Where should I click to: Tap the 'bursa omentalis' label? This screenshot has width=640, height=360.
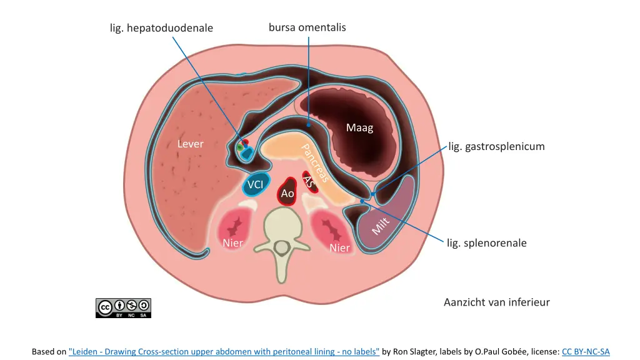point(307,27)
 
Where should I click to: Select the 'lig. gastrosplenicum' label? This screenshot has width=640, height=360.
point(496,147)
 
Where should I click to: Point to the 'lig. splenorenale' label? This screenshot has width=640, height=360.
point(486,243)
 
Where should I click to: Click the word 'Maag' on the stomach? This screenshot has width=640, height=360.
point(359,128)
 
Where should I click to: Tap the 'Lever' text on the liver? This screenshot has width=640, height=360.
point(190,144)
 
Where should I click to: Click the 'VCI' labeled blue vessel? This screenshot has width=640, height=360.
point(255,184)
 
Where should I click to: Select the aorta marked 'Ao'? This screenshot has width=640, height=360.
point(287,194)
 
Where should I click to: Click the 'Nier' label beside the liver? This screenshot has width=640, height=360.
point(233,242)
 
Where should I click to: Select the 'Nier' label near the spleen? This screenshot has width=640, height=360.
point(340,248)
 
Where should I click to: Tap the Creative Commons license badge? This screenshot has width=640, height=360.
point(123,307)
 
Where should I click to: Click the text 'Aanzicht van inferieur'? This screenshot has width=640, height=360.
point(496,302)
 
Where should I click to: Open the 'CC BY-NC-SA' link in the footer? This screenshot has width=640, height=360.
point(586,352)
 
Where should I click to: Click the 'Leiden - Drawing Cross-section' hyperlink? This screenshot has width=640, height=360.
point(224,352)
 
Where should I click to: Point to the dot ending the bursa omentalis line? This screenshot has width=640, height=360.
point(308,125)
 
